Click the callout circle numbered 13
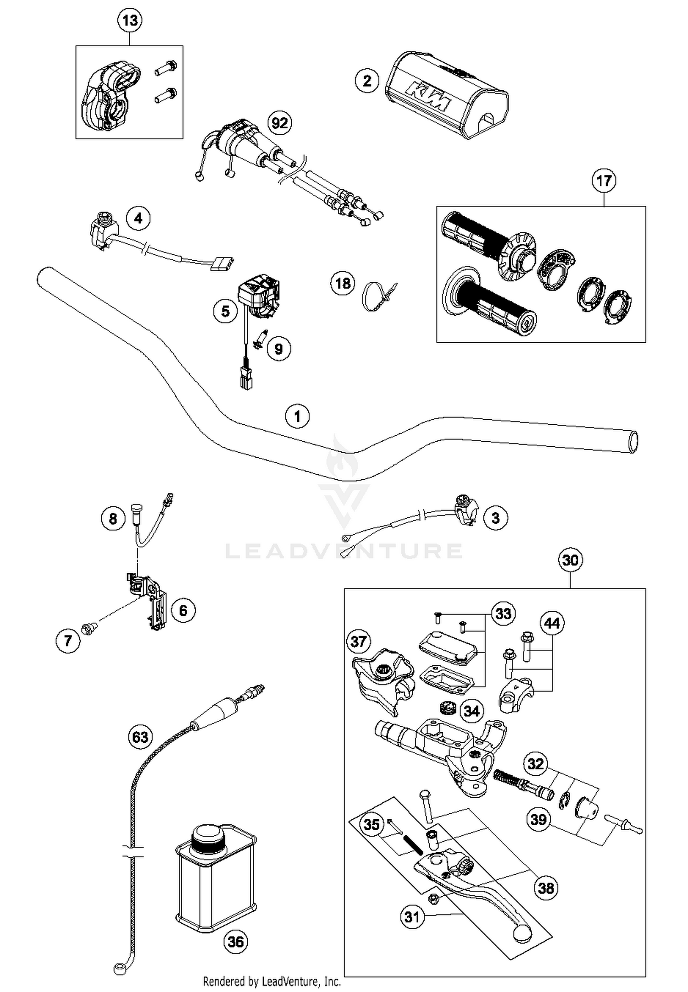(130, 21)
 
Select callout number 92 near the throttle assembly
(280, 123)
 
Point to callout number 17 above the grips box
(604, 181)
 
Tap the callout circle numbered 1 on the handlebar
(297, 416)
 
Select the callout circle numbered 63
(140, 737)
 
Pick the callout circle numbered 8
(113, 519)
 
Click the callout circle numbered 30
(570, 560)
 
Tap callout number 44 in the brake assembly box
(552, 623)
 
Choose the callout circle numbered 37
(358, 641)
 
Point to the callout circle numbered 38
(546, 888)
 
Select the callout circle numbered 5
(225, 311)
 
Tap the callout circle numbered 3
(495, 518)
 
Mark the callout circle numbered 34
(471, 711)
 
